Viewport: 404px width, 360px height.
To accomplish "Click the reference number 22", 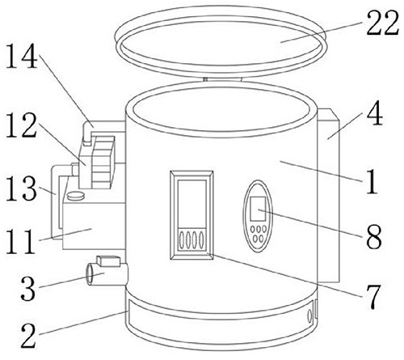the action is pyautogui.click(x=382, y=23).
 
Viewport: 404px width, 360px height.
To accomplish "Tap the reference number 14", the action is pyautogui.click(x=21, y=56).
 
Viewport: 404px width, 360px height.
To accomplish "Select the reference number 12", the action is pyautogui.click(x=21, y=125).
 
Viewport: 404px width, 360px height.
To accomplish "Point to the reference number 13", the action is pyautogui.click(x=21, y=188).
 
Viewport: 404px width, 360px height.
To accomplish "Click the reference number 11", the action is pyautogui.click(x=20, y=241).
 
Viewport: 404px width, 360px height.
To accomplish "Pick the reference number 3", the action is pyautogui.click(x=28, y=288).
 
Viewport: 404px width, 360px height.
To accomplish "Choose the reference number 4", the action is pyautogui.click(x=375, y=113).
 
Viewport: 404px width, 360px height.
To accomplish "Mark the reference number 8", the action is pyautogui.click(x=374, y=236).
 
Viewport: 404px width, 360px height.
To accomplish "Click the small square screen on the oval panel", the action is pyautogui.click(x=258, y=209).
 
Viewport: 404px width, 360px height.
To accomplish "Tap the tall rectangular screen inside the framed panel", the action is pyautogui.click(x=191, y=203).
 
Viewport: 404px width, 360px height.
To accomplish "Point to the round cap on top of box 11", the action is pyautogui.click(x=76, y=196).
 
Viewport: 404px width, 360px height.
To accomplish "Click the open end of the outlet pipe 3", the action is pyautogui.click(x=89, y=274).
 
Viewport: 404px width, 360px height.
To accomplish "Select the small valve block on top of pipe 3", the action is pyautogui.click(x=108, y=260).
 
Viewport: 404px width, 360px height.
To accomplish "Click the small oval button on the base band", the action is pyautogui.click(x=309, y=316).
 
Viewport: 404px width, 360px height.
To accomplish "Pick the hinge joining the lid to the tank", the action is pyautogui.click(x=222, y=79).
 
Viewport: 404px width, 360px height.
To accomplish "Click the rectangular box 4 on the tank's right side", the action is pyautogui.click(x=328, y=196).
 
